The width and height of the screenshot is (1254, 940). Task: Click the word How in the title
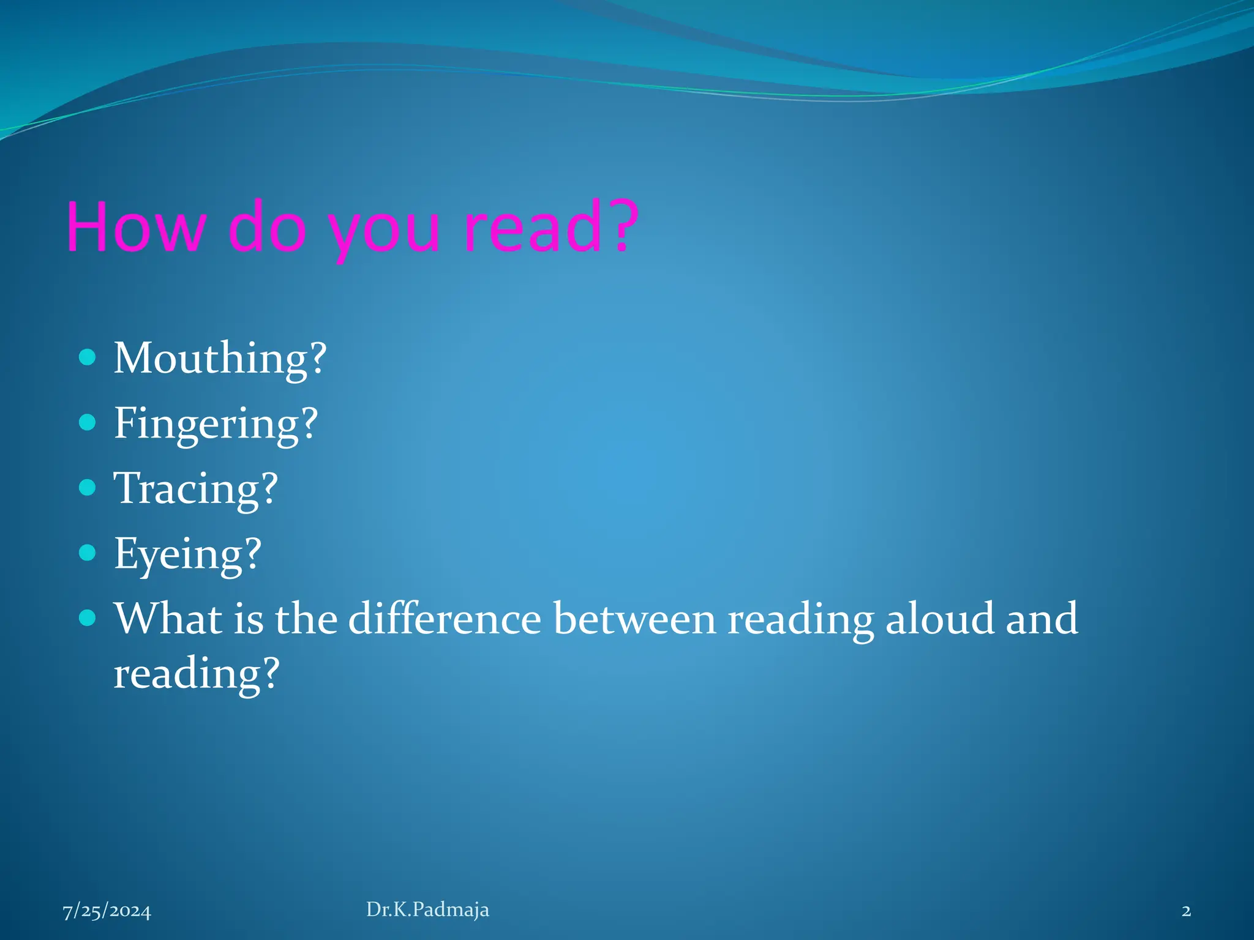pos(135,227)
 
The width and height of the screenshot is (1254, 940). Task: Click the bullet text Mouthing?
pos(220,359)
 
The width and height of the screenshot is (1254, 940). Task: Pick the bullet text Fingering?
pos(216,423)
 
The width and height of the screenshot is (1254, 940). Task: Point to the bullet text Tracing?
pos(196,489)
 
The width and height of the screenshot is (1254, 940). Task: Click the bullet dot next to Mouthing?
pos(88,357)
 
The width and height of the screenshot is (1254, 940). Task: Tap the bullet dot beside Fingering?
pos(88,422)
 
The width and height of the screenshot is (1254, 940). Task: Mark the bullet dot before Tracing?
pos(88,487)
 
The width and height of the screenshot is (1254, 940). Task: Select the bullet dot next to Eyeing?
pos(88,553)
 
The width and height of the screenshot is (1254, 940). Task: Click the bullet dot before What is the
pos(88,617)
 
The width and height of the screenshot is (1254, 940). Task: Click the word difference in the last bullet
pos(445,619)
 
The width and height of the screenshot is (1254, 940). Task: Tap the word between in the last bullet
pos(634,619)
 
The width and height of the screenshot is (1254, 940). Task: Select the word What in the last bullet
pos(168,619)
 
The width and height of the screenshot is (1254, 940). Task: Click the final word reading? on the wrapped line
pos(197,674)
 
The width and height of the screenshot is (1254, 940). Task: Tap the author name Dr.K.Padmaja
pos(427,909)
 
